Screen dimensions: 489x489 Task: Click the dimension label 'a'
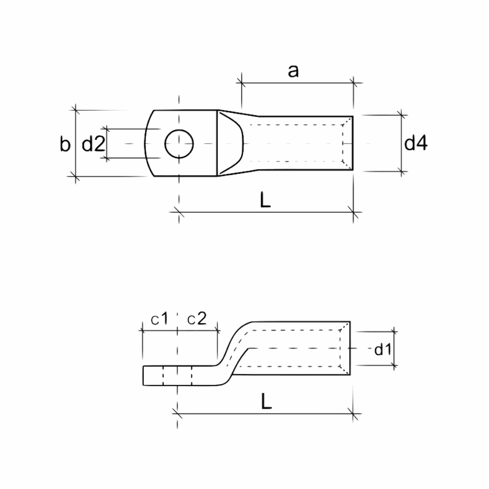[x=293, y=71]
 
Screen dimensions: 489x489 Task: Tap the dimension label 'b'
[x=65, y=144]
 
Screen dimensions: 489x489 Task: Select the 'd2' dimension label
[x=93, y=144]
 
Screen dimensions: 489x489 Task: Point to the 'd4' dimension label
[x=416, y=143]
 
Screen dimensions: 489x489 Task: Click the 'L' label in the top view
[x=265, y=200]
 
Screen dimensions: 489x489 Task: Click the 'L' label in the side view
[x=266, y=401]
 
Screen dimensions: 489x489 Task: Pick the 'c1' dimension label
[x=159, y=319]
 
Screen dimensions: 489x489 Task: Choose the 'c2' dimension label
[x=197, y=319]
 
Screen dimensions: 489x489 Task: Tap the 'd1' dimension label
[x=383, y=349]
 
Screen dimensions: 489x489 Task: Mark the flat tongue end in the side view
[x=143, y=375]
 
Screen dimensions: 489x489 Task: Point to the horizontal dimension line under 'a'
[x=298, y=83]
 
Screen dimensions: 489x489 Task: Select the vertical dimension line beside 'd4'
[x=402, y=143]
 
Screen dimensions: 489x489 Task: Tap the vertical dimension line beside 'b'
[x=76, y=143]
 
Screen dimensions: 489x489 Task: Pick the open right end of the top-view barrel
[x=353, y=143]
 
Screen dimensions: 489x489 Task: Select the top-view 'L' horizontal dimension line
[x=266, y=213]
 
